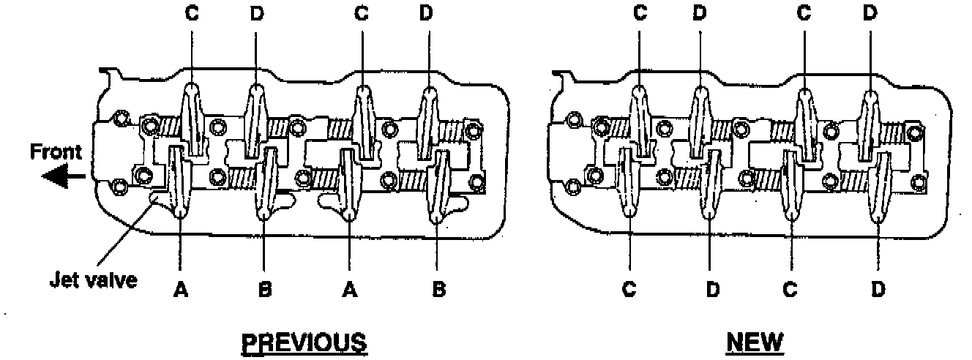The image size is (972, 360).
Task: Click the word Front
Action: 56,154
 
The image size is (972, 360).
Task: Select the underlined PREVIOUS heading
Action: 304,342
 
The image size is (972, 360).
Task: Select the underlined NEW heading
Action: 755,342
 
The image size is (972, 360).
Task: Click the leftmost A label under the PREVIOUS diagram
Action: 180,290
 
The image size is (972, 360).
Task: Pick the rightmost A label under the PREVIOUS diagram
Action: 351,290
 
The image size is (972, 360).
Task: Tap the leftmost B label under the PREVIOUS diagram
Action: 266,290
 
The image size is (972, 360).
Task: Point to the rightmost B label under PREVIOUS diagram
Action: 438,290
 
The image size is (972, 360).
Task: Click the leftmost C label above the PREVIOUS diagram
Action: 192,14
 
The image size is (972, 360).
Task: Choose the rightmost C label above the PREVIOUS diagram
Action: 361,14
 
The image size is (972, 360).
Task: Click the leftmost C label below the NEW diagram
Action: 629,290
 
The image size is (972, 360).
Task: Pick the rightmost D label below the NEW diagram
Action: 878,290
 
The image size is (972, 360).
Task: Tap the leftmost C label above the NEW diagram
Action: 640,14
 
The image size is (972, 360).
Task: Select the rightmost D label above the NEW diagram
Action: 870,14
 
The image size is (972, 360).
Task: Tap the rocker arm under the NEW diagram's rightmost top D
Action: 869,124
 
